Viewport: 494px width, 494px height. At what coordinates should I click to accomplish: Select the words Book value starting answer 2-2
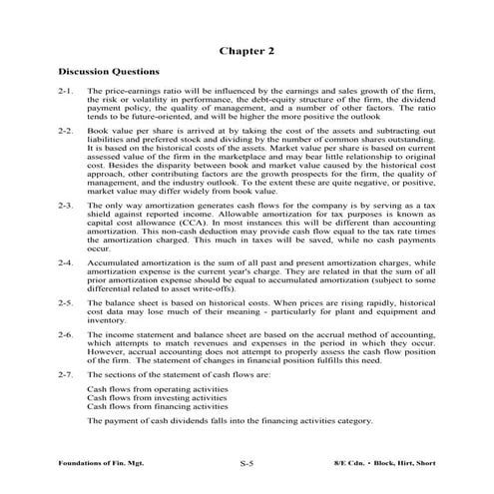pos(109,132)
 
